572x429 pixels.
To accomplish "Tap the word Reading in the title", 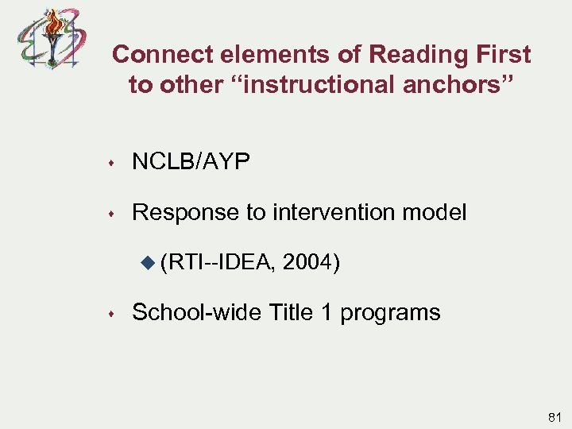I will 408,55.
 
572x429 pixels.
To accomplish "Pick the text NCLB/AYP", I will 191,162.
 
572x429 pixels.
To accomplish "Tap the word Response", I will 185,212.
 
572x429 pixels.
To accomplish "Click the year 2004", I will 309,261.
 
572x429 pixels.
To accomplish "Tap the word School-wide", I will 195,312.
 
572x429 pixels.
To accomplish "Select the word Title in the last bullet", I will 293,312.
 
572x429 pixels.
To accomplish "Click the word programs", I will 390,313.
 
